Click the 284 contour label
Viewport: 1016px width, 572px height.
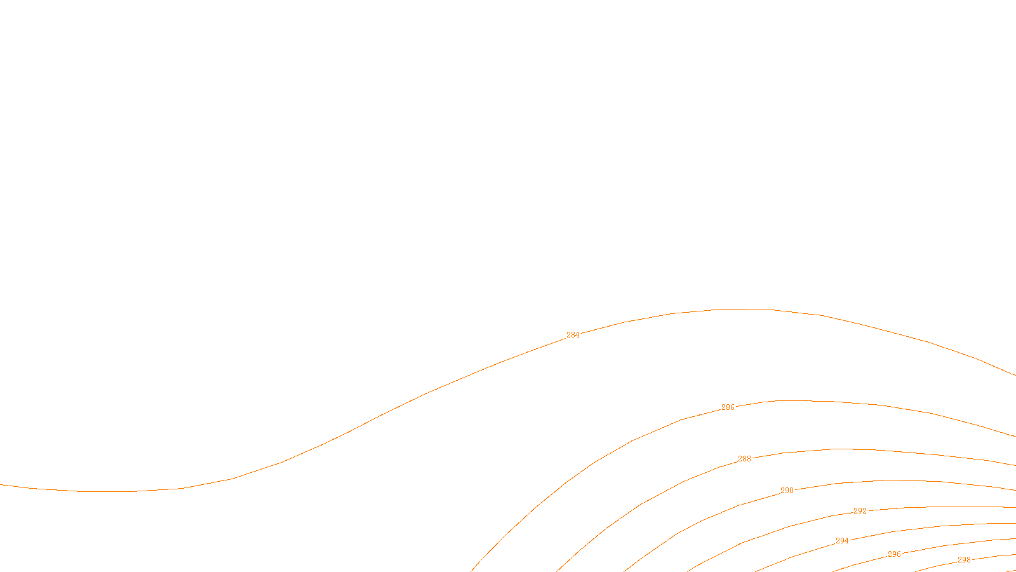click(573, 335)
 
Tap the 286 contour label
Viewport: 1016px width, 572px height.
click(728, 407)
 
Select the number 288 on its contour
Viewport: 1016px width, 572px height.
click(744, 459)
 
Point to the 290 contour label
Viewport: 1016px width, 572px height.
click(787, 491)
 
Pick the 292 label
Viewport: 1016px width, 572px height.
click(860, 511)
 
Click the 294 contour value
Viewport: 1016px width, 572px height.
click(842, 541)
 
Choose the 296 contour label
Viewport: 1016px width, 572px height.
click(894, 554)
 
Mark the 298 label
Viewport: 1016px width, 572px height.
click(964, 560)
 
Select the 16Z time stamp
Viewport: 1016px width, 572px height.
click(481, 562)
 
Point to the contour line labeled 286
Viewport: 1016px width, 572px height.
click(825, 401)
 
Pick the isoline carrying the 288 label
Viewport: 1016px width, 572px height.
click(889, 451)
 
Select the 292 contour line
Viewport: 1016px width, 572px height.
click(952, 507)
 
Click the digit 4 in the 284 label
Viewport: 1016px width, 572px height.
click(577, 335)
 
